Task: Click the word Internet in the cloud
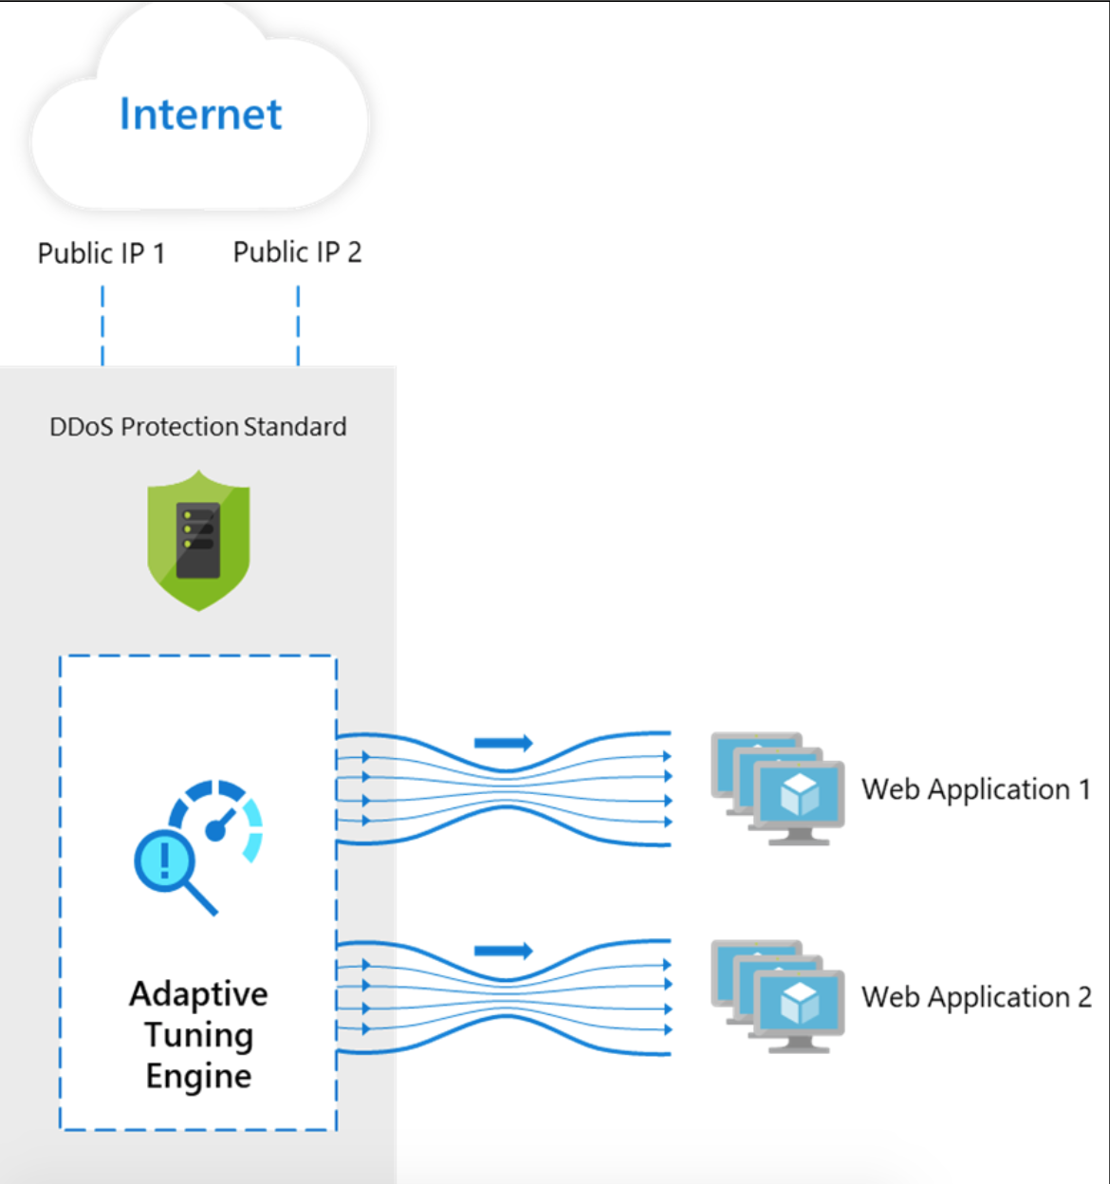(x=200, y=115)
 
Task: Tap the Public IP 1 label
(x=102, y=253)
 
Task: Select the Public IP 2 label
(x=297, y=252)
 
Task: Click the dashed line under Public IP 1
(x=102, y=324)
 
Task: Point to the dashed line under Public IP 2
(x=298, y=324)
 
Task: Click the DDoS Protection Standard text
(x=197, y=427)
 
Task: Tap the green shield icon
(x=198, y=541)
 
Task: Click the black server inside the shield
(x=198, y=539)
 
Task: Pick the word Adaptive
(x=198, y=993)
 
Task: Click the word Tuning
(x=198, y=1035)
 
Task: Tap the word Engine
(x=198, y=1076)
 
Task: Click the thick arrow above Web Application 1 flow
(x=503, y=743)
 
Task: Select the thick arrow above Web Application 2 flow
(x=503, y=951)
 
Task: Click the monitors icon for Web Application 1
(x=778, y=787)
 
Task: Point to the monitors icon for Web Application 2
(x=778, y=996)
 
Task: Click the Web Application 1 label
(x=975, y=789)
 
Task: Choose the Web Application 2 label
(x=976, y=997)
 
